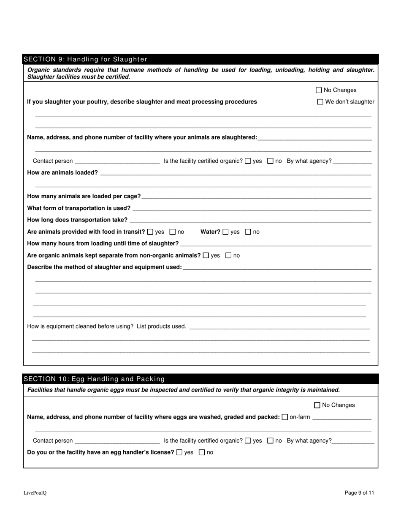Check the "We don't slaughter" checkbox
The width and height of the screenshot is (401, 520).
(x=320, y=102)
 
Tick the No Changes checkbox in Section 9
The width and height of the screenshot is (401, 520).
(x=319, y=90)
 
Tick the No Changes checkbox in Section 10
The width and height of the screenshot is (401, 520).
(x=317, y=405)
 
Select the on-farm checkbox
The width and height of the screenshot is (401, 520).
(x=284, y=417)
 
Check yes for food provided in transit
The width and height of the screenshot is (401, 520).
(x=150, y=232)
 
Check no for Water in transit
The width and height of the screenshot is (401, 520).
(x=248, y=232)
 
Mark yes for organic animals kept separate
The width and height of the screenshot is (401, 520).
(x=206, y=256)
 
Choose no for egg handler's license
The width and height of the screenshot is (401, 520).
(x=202, y=453)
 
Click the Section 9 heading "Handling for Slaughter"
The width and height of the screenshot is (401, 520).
(x=85, y=59)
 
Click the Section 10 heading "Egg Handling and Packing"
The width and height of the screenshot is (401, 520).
(x=94, y=379)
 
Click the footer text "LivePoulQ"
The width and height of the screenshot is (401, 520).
(x=35, y=493)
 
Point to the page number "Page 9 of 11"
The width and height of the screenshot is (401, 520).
(x=359, y=493)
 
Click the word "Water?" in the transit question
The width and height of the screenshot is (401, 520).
(x=210, y=232)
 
